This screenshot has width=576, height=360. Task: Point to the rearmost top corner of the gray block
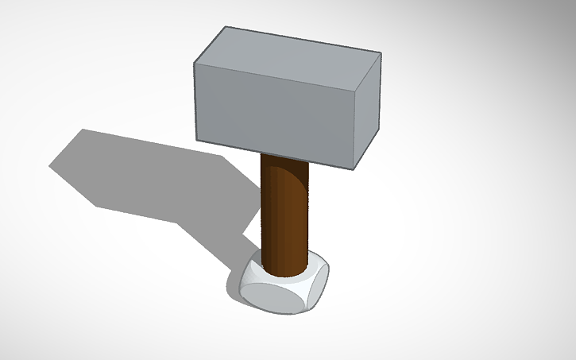pos(226,27)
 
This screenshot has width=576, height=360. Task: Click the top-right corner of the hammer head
pos(381,53)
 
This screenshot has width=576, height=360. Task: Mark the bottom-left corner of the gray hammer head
pos(196,141)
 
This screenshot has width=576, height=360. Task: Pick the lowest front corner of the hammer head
pos(354,169)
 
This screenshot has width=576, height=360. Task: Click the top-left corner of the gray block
pos(195,60)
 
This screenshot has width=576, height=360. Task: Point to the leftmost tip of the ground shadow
pos(50,166)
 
